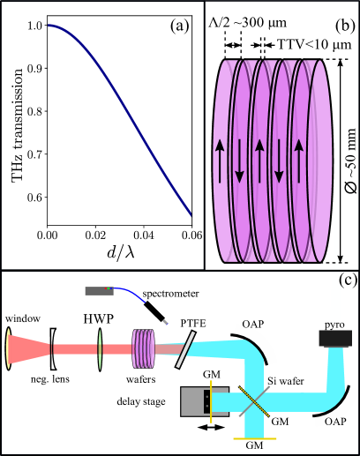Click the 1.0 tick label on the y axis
click(x=33, y=26)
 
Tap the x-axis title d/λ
click(x=116, y=254)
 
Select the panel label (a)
click(x=180, y=26)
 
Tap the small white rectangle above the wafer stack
click(x=262, y=33)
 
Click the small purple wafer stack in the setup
click(x=142, y=348)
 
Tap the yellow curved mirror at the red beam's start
click(x=8, y=348)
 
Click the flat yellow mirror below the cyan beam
click(x=255, y=437)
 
